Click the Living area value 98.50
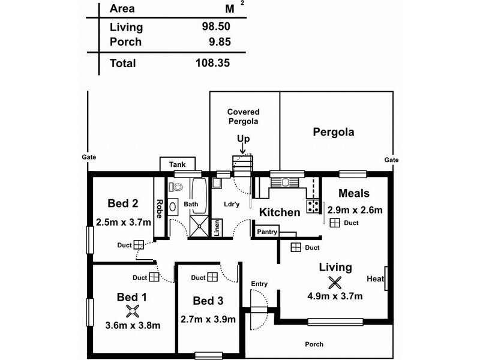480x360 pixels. (216, 26)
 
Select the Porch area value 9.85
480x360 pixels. (220, 41)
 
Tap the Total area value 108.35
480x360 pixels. (213, 63)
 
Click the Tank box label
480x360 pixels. (178, 164)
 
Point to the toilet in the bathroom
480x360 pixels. (175, 187)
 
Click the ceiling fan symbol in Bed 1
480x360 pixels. (133, 311)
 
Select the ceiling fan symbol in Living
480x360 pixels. (335, 283)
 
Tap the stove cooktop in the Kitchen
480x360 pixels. (313, 206)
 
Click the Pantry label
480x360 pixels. (267, 232)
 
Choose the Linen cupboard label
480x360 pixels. (217, 228)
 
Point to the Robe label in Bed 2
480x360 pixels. (159, 209)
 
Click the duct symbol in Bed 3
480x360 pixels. (212, 277)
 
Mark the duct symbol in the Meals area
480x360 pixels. (335, 223)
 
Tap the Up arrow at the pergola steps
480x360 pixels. (242, 148)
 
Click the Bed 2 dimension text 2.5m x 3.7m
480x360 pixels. (124, 222)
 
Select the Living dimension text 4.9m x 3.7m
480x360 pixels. (335, 296)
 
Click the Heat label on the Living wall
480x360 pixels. (376, 278)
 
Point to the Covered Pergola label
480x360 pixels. (244, 116)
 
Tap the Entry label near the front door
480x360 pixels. (259, 284)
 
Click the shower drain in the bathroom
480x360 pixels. (199, 226)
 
